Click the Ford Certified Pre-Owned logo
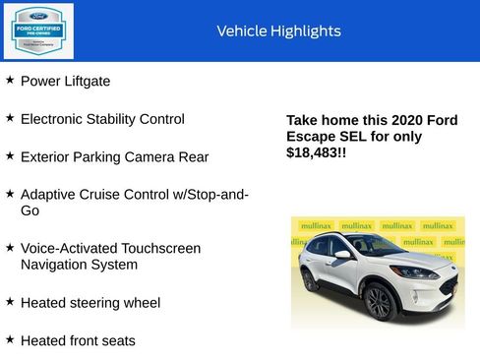click(37, 30)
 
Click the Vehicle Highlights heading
click(278, 31)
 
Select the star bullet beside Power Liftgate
click(10, 80)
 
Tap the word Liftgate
click(87, 82)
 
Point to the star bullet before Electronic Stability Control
click(10, 117)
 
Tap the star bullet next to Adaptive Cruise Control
click(10, 193)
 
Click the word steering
click(97, 303)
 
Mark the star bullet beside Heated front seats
click(10, 338)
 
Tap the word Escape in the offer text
click(309, 137)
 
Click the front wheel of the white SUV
click(380, 302)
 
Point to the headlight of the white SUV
click(412, 271)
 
